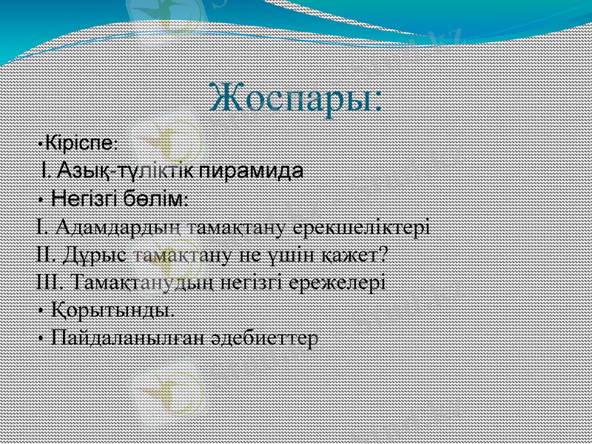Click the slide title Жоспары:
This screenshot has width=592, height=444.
click(295, 96)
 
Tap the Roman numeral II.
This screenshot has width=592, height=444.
click(44, 255)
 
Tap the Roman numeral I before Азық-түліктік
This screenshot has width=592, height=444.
click(46, 171)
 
